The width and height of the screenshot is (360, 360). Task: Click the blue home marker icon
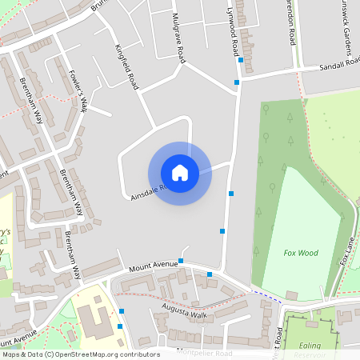tap(180, 172)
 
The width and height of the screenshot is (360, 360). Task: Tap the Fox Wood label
tap(301, 253)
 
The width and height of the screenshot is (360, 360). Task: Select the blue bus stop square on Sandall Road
tap(240, 59)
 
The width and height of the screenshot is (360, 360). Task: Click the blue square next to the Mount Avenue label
tap(181, 261)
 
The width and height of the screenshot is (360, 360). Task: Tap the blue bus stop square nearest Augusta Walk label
tap(210, 274)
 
